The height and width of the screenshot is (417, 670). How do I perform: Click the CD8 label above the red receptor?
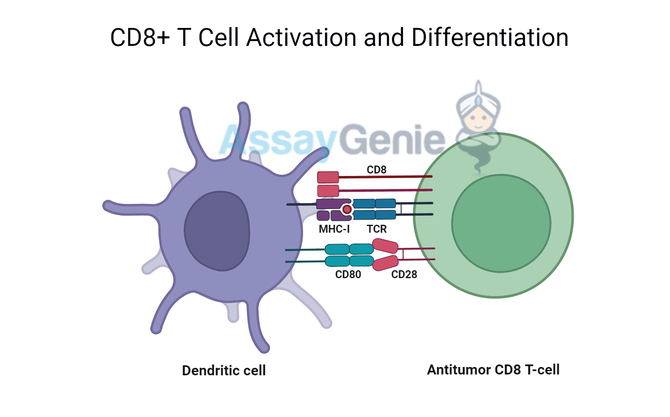tap(376, 170)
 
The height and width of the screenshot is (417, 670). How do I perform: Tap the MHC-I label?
tap(334, 229)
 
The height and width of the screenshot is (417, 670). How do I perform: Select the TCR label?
tap(377, 229)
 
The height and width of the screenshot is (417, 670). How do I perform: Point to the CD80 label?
tap(348, 274)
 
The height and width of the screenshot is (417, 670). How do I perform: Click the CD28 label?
tap(404, 274)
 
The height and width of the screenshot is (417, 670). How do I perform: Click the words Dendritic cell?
tap(224, 370)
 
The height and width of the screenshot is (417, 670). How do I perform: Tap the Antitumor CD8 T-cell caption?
tap(493, 369)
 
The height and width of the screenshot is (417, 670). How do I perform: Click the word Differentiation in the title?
tap(490, 38)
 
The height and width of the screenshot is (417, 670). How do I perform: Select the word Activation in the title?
tap(301, 38)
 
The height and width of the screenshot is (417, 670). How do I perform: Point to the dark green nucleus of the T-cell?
tap(501, 224)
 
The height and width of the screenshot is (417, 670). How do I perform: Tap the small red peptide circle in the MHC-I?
tap(347, 209)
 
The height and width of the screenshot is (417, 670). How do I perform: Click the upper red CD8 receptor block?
tap(328, 177)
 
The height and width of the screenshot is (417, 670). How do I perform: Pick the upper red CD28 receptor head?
tap(385, 246)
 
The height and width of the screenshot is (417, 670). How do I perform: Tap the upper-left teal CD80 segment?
tap(337, 249)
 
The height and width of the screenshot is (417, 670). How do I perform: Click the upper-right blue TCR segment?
tap(385, 203)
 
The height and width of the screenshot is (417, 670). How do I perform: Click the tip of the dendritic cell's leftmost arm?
tap(107, 206)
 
